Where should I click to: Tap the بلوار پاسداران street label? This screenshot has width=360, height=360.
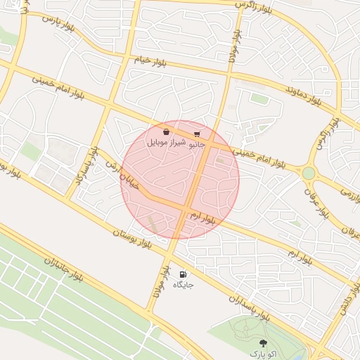click(x=250, y=305)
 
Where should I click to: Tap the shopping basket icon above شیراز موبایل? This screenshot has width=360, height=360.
click(x=166, y=131)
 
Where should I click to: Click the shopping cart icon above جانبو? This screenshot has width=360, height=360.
click(x=197, y=134)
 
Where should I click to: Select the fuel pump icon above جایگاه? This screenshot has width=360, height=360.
click(x=183, y=275)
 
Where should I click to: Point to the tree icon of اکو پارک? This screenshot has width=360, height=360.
click(x=263, y=343)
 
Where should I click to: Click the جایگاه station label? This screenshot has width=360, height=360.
click(x=183, y=285)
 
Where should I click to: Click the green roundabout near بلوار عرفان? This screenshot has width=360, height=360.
click(x=308, y=172)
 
